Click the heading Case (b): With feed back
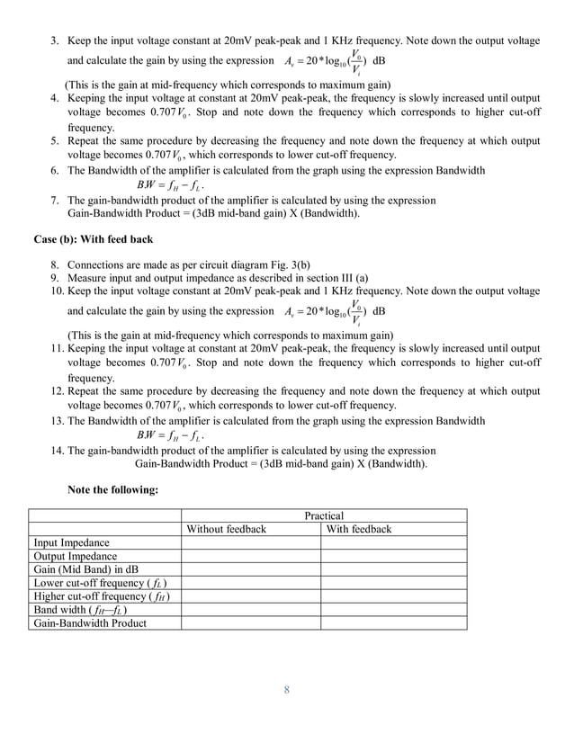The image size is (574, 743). [x=94, y=240]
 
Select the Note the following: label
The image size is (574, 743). [x=113, y=489]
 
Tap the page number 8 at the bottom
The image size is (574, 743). [x=286, y=690]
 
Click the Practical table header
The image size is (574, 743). [x=324, y=515]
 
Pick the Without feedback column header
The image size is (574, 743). [x=226, y=529]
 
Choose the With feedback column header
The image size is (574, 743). [x=359, y=529]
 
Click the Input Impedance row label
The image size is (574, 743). [x=72, y=542]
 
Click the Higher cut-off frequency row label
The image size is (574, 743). [x=102, y=596]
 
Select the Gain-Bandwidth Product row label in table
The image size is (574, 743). [x=90, y=622]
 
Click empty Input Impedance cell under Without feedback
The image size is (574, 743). [x=250, y=542]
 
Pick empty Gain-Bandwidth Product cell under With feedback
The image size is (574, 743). [x=393, y=622]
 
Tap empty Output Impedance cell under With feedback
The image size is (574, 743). [x=393, y=556]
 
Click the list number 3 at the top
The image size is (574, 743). [x=54, y=41]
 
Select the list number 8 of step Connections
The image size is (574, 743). [x=54, y=265]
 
